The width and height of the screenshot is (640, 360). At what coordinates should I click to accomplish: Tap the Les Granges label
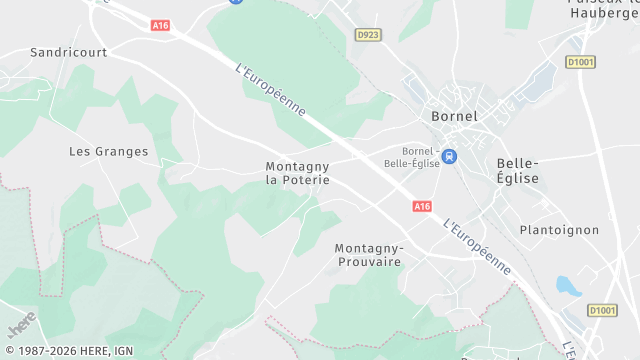point(108,152)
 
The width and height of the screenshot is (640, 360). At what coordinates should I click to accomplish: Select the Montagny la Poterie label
point(297,173)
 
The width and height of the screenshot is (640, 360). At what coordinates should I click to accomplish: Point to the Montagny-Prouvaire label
point(367,254)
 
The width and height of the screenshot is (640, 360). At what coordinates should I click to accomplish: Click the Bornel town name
point(454,116)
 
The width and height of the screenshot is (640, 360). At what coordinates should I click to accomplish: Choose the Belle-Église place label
point(517,171)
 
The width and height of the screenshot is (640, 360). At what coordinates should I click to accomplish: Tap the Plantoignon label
point(559,230)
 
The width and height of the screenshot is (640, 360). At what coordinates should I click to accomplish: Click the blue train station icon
point(450,156)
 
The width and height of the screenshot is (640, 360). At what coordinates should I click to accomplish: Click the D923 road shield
point(368,34)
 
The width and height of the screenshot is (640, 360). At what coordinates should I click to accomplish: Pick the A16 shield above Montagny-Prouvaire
point(421,206)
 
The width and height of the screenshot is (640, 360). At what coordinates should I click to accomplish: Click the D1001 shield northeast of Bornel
point(580,61)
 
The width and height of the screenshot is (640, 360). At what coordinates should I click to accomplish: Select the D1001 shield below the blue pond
point(601,310)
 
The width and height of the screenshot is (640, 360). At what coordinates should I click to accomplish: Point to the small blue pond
point(567,287)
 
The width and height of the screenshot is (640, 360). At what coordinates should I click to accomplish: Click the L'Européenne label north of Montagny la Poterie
point(271,91)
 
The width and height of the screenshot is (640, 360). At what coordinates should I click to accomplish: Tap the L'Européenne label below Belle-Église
point(478,247)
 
